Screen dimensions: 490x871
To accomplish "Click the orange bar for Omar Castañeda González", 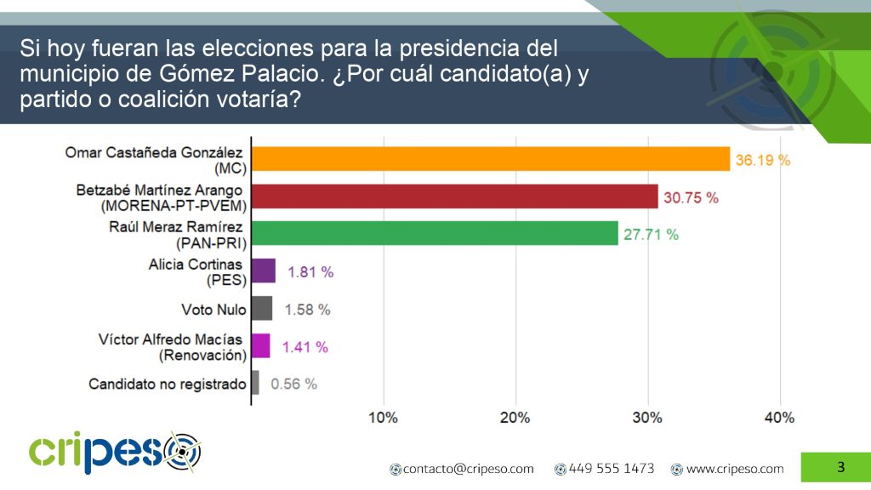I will click(491, 159).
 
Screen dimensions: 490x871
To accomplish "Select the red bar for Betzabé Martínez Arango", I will click(455, 197).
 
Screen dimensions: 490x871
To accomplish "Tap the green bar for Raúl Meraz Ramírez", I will click(435, 234).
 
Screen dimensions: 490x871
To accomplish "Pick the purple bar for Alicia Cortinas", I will click(264, 271).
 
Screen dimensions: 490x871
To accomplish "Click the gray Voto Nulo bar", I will click(262, 309).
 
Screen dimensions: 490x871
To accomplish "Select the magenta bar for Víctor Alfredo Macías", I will click(261, 346).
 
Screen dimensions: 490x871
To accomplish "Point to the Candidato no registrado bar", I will click(255, 383).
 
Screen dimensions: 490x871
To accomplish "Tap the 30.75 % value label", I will click(691, 197).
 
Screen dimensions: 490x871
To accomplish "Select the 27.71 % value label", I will click(651, 235).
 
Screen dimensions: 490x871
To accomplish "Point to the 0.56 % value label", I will click(293, 384).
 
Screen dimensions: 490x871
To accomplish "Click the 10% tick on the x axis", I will click(383, 418).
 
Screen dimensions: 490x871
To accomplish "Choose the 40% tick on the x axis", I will click(779, 418).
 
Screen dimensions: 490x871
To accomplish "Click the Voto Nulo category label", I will click(213, 310).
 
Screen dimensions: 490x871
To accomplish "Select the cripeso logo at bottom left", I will click(115, 453).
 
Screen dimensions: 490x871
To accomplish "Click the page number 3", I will click(840, 466).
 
